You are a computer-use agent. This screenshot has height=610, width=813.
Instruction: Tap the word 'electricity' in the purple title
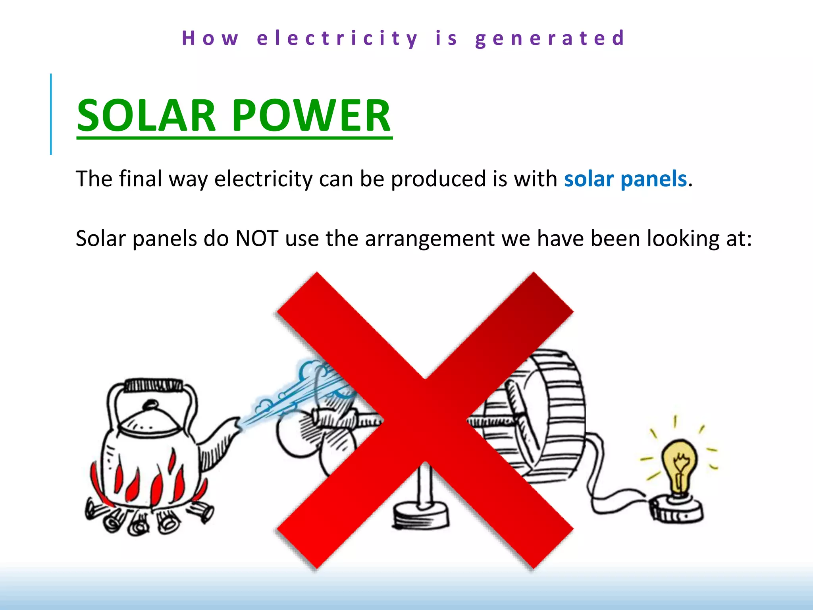point(337,39)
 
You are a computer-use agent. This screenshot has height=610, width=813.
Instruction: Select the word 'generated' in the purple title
point(550,39)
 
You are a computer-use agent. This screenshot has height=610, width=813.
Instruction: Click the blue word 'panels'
point(653,179)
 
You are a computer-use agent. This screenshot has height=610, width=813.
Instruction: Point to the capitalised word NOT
point(256,239)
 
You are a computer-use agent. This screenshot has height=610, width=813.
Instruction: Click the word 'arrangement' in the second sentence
point(430,239)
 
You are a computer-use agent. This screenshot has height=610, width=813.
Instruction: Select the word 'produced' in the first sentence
point(439,179)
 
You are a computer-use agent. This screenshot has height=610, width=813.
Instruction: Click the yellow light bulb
point(679,461)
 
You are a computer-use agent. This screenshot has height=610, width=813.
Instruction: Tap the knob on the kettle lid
point(150,405)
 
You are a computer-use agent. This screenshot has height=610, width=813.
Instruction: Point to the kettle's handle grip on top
point(153,385)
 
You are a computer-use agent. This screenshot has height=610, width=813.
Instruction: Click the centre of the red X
point(425,420)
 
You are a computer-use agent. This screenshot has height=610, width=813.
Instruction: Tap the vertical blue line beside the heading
point(51,114)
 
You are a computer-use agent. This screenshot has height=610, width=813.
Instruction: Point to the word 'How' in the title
point(210,39)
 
